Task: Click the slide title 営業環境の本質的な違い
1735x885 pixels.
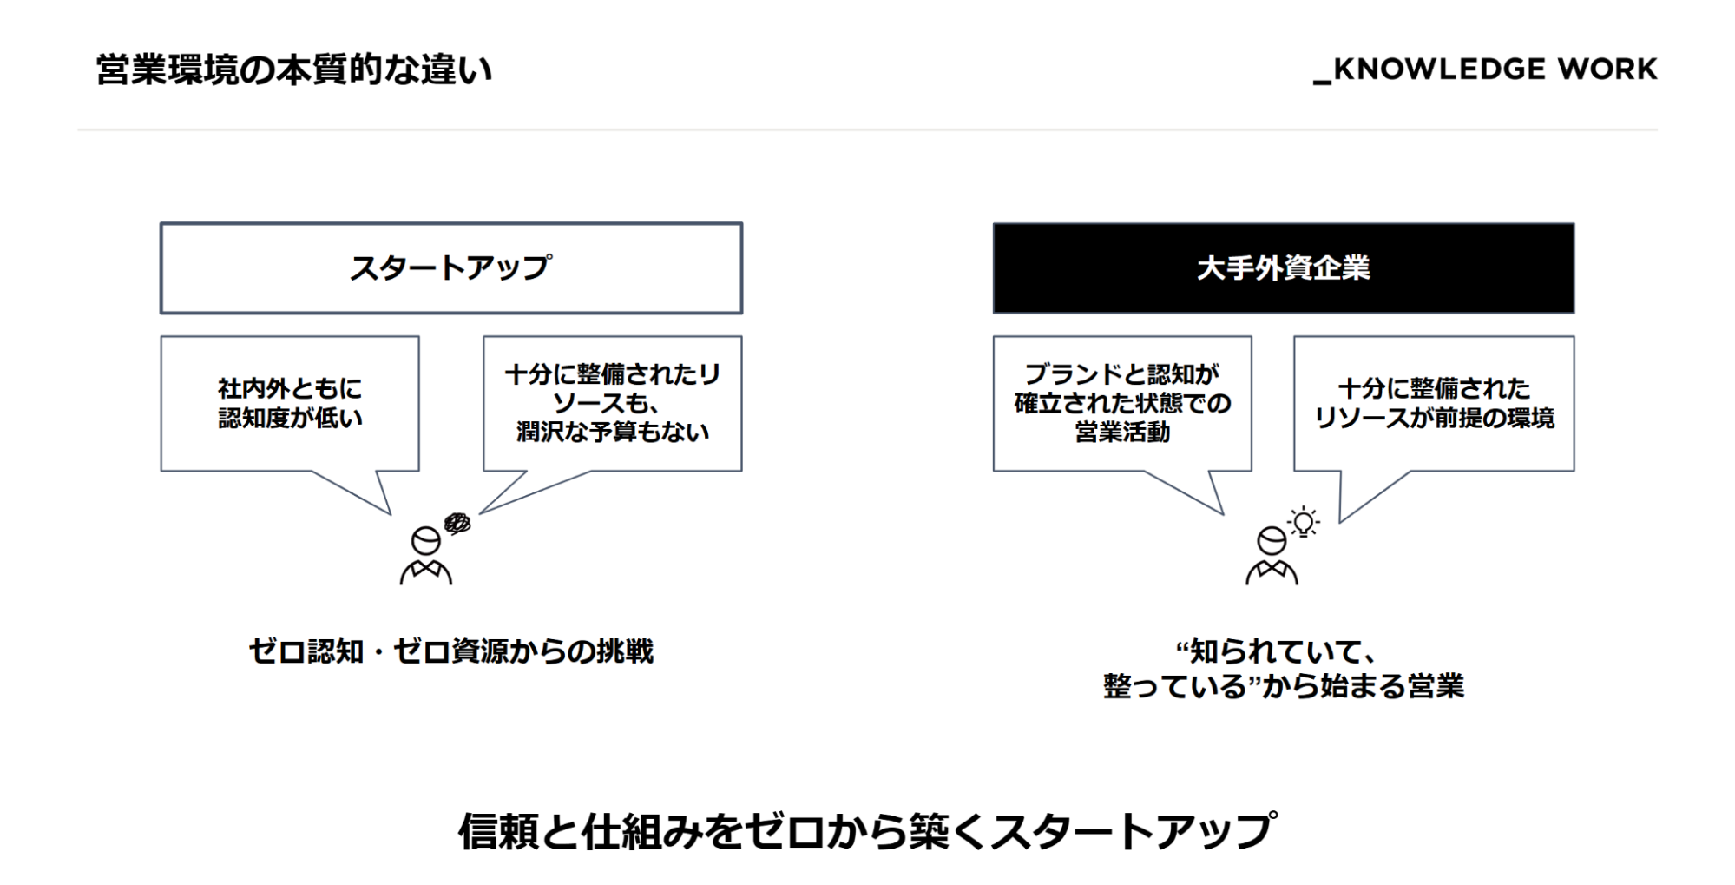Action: (x=294, y=70)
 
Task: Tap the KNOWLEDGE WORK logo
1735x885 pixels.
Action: (x=1485, y=69)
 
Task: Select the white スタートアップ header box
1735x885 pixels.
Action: (x=451, y=268)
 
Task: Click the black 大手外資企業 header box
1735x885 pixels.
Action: (x=1284, y=268)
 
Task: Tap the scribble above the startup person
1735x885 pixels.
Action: (x=457, y=523)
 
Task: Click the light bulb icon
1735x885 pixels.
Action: (x=1304, y=522)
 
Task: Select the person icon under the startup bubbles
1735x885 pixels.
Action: (x=425, y=556)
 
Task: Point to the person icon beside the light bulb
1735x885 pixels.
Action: (x=1272, y=556)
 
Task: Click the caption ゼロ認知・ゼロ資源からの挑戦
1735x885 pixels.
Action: (x=451, y=651)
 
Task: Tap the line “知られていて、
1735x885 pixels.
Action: (x=1275, y=651)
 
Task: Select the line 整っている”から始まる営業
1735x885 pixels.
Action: (x=1284, y=686)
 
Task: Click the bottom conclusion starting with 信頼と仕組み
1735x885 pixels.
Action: (x=868, y=831)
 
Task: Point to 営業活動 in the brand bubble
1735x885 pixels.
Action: (x=1122, y=432)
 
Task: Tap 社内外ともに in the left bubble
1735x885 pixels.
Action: (x=290, y=388)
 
